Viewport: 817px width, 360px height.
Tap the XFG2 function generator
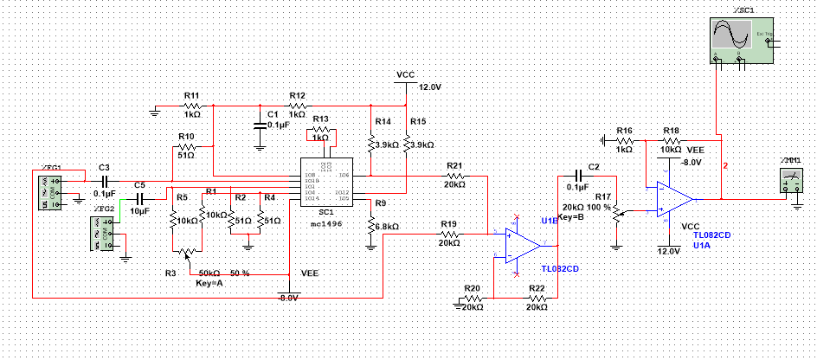[x=101, y=235]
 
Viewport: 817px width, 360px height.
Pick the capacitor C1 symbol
[x=259, y=122]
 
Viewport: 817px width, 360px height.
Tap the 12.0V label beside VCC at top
[x=430, y=88]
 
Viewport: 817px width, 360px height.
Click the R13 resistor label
[x=321, y=119]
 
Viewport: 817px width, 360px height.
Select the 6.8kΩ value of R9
[x=387, y=227]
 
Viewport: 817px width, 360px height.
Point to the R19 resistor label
[x=448, y=224]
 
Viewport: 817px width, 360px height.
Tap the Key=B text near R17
[x=573, y=217]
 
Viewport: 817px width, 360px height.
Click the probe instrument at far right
[x=791, y=180]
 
